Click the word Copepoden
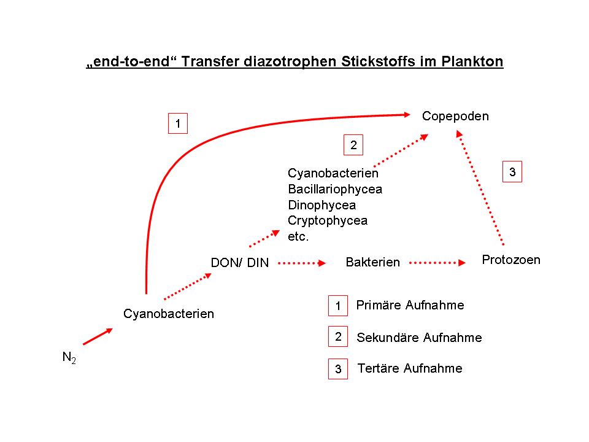pyautogui.click(x=455, y=116)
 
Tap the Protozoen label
pyautogui.click(x=511, y=260)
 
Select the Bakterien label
pyautogui.click(x=372, y=263)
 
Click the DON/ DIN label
pyautogui.click(x=240, y=263)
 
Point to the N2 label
pyautogui.click(x=69, y=357)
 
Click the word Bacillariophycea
pyautogui.click(x=335, y=189)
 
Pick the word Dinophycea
pyautogui.click(x=321, y=205)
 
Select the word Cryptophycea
pyautogui.click(x=328, y=221)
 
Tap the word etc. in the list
pyautogui.click(x=298, y=236)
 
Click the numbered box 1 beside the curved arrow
pyautogui.click(x=178, y=124)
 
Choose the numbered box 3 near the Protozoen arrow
pyautogui.click(x=512, y=173)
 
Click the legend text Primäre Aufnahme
pyautogui.click(x=410, y=305)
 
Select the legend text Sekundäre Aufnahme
pyautogui.click(x=419, y=338)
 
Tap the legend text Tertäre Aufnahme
pyautogui.click(x=410, y=368)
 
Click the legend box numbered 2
pyautogui.click(x=338, y=336)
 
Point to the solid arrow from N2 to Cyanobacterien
pyautogui.click(x=97, y=336)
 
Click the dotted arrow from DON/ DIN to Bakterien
pyautogui.click(x=301, y=263)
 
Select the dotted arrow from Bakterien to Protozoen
pyautogui.click(x=437, y=263)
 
